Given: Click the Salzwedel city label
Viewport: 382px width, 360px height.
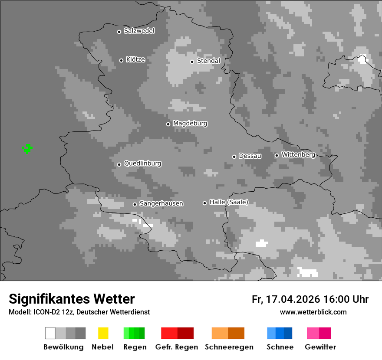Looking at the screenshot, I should [x=139, y=31].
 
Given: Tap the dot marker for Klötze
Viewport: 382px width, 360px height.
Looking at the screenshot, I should [x=121, y=60].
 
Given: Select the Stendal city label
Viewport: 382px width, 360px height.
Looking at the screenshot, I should [x=208, y=61].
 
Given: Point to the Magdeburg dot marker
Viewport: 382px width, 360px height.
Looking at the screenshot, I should [x=168, y=124].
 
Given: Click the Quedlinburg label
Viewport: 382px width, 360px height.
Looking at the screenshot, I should [x=142, y=164].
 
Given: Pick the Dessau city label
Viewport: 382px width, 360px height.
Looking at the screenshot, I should [x=250, y=156].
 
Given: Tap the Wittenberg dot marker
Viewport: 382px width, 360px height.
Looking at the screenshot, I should [x=277, y=155].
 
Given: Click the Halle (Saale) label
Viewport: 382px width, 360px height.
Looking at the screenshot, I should [x=229, y=202].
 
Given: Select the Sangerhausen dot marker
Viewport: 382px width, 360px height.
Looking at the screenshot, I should [x=135, y=204].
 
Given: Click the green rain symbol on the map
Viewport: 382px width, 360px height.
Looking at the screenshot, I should [x=27, y=148].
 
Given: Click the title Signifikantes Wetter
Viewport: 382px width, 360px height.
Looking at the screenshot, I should [x=72, y=299].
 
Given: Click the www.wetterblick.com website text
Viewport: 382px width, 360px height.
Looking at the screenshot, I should [x=313, y=312].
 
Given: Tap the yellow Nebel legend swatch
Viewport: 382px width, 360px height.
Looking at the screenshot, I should [x=103, y=333].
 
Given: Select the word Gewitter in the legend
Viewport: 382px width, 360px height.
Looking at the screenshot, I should [x=320, y=347].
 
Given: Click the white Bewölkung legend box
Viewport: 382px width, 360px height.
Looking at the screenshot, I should [x=50, y=333].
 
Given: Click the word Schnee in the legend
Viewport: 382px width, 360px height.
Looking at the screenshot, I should [x=280, y=347].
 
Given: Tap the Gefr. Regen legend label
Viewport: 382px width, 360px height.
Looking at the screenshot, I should [x=176, y=347].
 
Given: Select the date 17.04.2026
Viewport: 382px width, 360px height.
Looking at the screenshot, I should [x=293, y=299].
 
